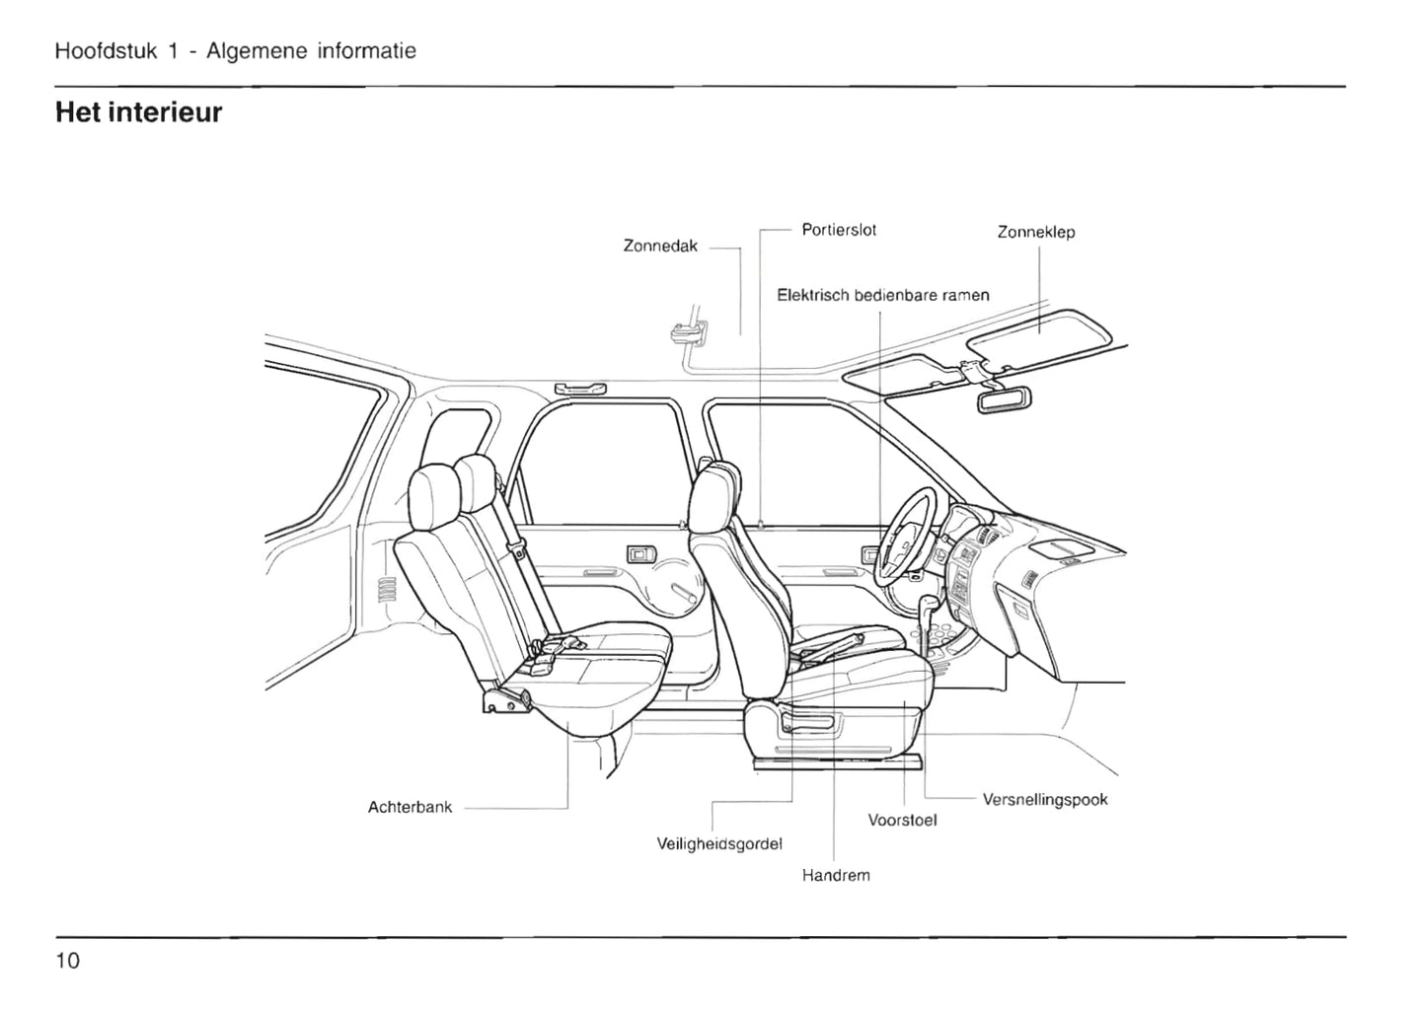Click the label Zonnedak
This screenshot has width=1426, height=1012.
pos(660,247)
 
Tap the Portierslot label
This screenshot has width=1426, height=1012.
pos(839,231)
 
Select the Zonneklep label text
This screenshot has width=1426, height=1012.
pos(1035,233)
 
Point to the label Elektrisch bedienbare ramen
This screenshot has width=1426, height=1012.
pos(882,295)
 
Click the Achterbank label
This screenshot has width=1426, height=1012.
pos(410,807)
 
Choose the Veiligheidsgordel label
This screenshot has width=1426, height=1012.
pos(719,844)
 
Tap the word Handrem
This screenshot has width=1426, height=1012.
pos(836,875)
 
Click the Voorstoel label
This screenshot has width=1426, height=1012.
pos(902,820)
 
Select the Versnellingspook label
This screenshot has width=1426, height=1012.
pos(1045,800)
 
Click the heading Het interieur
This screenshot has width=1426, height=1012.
pos(139,112)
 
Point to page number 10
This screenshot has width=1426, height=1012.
pos(68,961)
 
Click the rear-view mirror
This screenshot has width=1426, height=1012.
pos(1005,399)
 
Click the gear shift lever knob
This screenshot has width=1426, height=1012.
pos(930,603)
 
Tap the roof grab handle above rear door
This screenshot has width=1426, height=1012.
pos(580,389)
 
